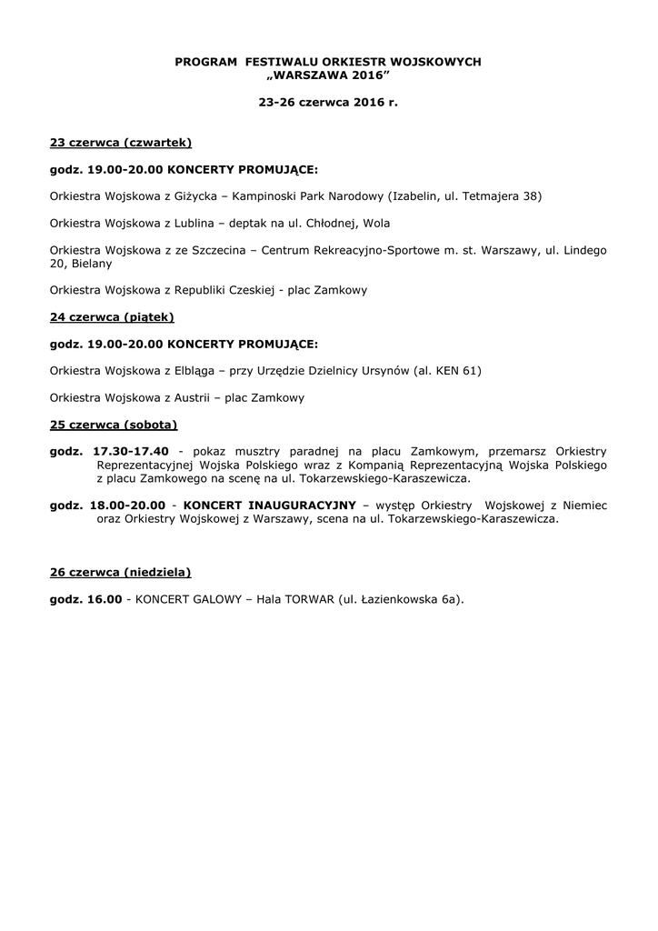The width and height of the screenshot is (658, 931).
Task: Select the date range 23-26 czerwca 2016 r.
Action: (x=328, y=103)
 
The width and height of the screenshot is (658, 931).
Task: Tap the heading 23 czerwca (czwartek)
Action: (x=121, y=143)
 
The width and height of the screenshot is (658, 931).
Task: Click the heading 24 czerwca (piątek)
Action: (x=112, y=317)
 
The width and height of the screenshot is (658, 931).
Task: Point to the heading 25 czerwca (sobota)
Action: (x=114, y=425)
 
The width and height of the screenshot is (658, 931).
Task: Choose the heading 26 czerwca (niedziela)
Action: (x=121, y=573)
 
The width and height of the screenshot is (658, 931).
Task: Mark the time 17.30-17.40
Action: (x=131, y=451)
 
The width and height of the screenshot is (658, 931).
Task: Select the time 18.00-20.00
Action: (x=127, y=506)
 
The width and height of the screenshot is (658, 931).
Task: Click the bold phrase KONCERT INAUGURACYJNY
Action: (x=270, y=506)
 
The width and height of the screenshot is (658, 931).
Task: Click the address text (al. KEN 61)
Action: (x=447, y=371)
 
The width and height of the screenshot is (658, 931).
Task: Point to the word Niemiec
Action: (x=584, y=506)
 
